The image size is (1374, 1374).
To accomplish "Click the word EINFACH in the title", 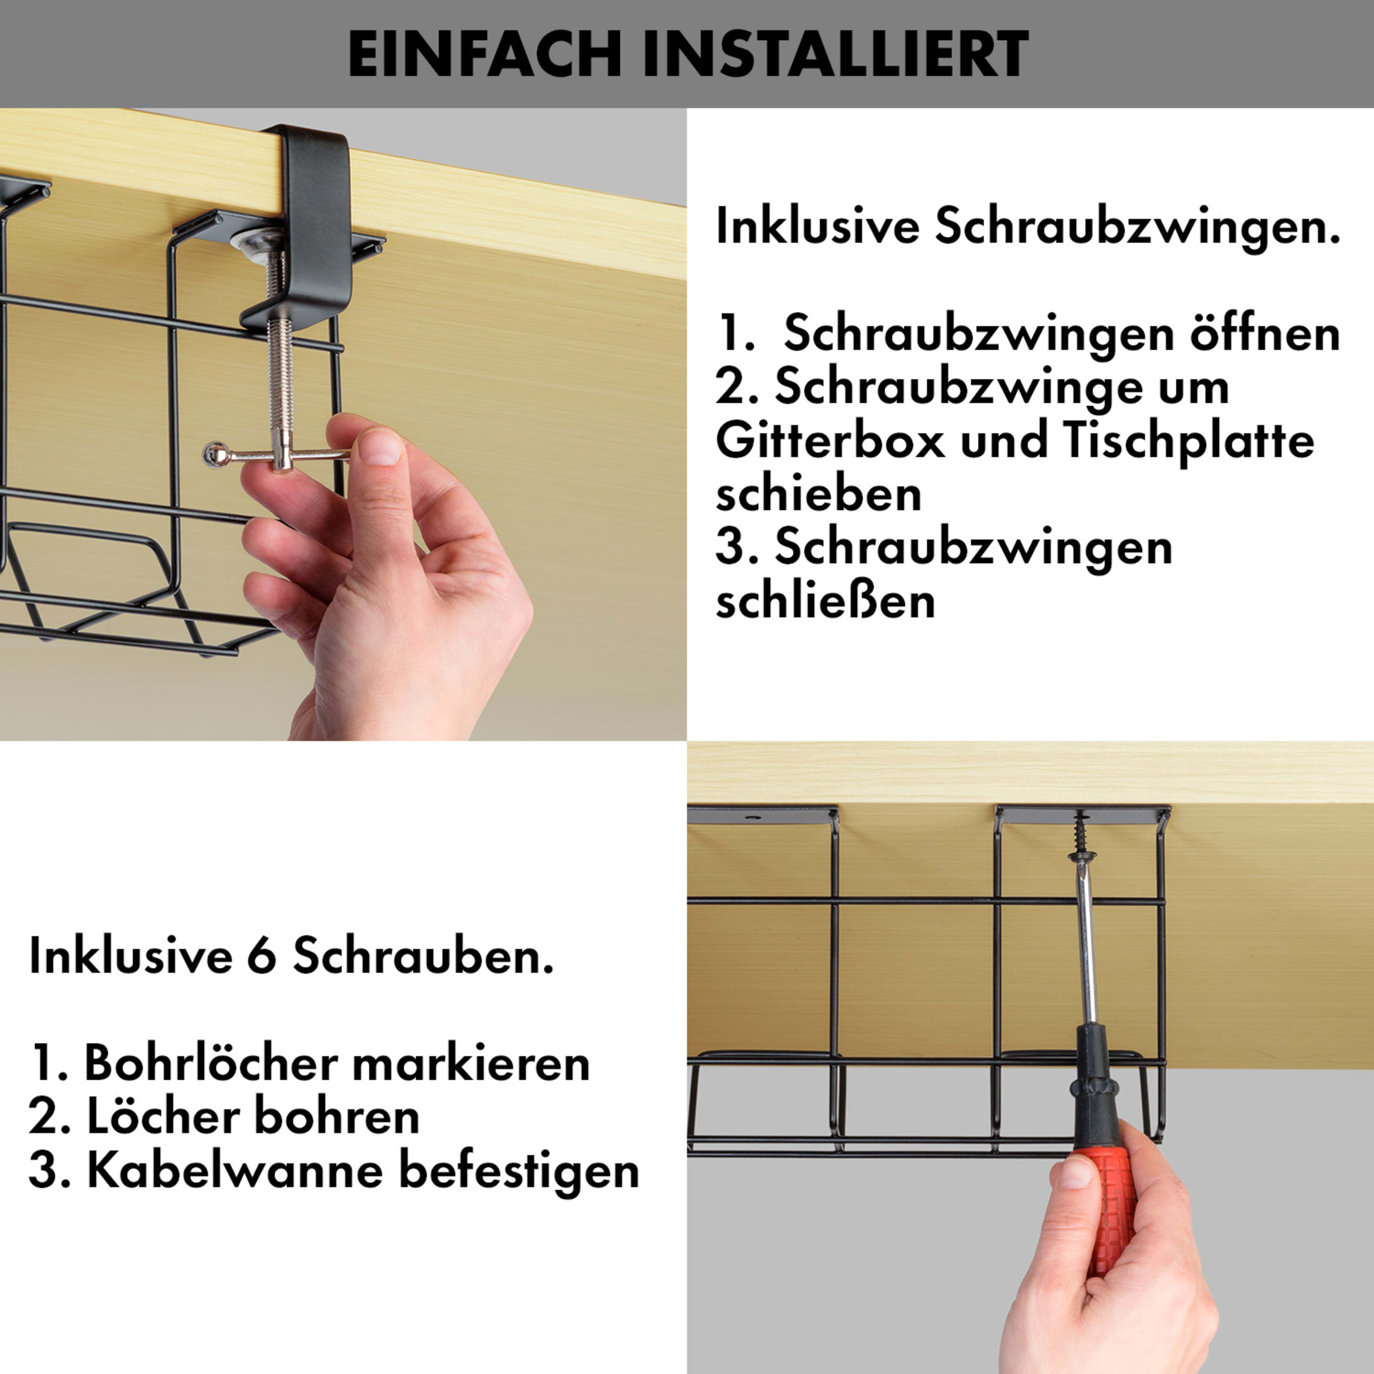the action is [486, 54].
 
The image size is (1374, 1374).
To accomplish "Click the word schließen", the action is [825, 601].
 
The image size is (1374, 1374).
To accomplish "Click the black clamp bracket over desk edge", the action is [313, 213].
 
